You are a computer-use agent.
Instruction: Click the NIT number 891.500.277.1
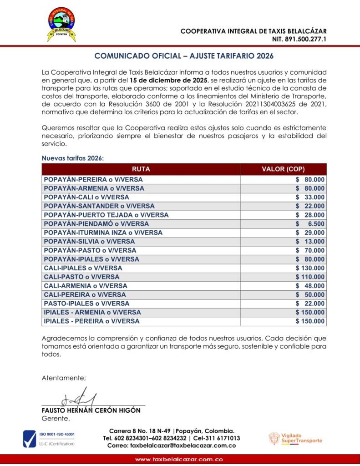[x=299, y=39]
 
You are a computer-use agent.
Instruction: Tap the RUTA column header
[x=141, y=169]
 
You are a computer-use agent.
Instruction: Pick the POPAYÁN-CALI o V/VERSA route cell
[x=86, y=197]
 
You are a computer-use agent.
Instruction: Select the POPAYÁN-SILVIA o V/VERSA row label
[x=89, y=241]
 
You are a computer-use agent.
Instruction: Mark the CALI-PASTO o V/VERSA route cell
[x=82, y=277]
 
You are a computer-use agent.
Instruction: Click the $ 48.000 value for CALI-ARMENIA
[x=310, y=286]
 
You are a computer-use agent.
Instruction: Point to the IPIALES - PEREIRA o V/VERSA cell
[x=91, y=321]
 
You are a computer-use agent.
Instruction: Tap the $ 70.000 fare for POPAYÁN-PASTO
[x=310, y=250]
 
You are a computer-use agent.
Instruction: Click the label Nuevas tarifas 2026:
[x=73, y=158]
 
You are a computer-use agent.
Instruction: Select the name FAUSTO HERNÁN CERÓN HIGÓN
[x=91, y=410]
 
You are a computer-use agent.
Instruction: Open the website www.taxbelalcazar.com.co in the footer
[x=179, y=460]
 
